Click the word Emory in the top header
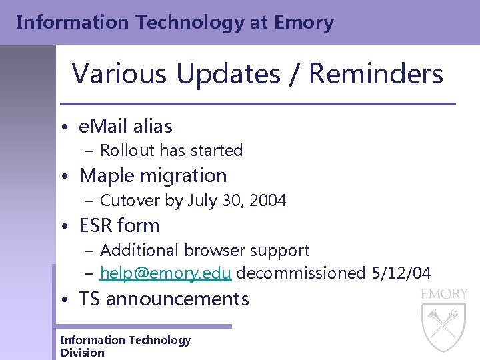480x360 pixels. point(303,23)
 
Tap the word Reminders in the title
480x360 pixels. point(376,73)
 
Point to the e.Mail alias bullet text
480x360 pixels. point(125,126)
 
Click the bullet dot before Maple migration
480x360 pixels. point(69,177)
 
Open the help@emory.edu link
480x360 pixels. point(165,273)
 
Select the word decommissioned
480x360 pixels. point(301,273)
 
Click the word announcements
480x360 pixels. point(177,299)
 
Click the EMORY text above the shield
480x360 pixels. point(443,294)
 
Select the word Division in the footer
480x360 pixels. point(83,353)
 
